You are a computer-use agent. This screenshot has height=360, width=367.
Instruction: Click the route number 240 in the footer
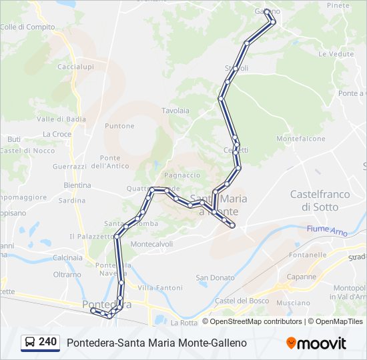47,342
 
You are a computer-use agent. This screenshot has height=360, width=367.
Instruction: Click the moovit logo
316,343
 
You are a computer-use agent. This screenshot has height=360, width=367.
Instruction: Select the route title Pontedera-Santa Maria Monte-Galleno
157,343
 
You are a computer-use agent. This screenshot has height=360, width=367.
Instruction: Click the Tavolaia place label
175,111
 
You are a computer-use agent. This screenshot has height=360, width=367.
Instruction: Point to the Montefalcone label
300,139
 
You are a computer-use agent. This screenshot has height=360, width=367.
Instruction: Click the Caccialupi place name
75,67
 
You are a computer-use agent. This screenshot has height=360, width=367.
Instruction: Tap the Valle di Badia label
61,119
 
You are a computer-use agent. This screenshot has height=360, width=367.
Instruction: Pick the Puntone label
120,126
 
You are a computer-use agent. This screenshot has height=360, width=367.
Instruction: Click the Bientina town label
77,185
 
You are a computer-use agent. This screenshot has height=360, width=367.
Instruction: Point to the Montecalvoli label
152,244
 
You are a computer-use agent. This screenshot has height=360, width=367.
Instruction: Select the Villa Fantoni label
160,287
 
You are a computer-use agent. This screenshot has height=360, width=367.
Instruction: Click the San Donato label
215,277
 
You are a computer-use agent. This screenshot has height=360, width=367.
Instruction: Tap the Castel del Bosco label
241,301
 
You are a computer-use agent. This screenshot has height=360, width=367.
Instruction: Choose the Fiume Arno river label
327,230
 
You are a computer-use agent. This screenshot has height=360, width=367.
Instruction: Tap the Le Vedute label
336,53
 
